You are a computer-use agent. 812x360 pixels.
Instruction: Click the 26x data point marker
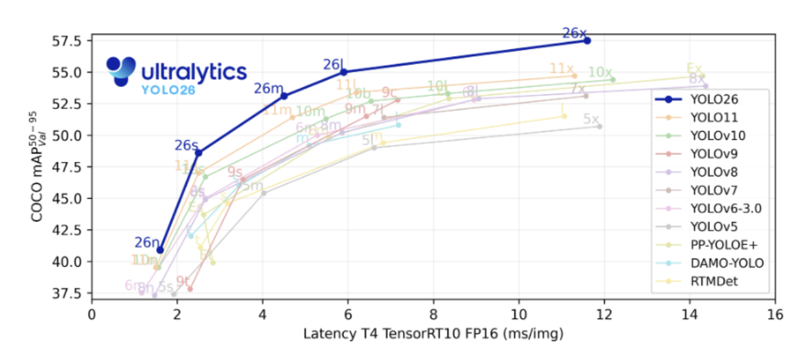(x=587, y=41)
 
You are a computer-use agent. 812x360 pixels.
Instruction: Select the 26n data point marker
(x=160, y=250)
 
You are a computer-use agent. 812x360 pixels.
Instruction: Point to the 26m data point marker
(x=284, y=96)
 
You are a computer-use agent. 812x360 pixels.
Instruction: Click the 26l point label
(x=334, y=65)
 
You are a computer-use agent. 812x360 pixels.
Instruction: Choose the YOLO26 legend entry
(x=710, y=99)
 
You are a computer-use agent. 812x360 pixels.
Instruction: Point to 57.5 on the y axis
(x=68, y=41)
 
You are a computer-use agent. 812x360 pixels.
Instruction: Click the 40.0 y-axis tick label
(x=68, y=262)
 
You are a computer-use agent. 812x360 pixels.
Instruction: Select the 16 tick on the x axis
(x=775, y=314)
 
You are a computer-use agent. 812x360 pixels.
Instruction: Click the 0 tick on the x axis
(x=92, y=314)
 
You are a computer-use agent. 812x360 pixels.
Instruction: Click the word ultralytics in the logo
(x=194, y=71)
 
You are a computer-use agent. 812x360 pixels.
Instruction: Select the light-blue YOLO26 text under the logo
(x=168, y=90)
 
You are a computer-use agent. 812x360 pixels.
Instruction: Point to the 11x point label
(x=562, y=69)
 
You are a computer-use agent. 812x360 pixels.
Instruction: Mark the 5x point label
(x=591, y=119)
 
